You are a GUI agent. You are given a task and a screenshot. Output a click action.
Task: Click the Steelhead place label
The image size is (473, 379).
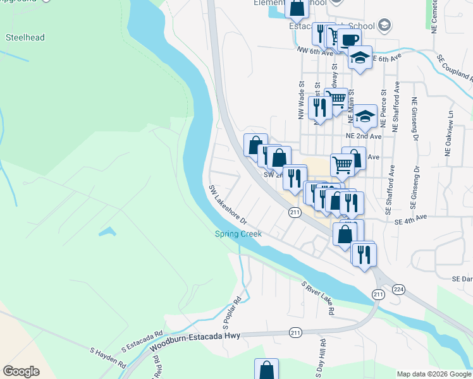tap(25, 37)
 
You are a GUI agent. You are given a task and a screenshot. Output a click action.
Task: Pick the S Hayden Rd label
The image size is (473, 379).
tap(107, 358)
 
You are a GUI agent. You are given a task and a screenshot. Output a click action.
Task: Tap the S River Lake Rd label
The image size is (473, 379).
tap(318, 298)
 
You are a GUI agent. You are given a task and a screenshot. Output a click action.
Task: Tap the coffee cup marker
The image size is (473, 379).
tap(349, 40)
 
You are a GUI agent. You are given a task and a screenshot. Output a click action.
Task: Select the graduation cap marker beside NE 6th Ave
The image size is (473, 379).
tap(360, 57)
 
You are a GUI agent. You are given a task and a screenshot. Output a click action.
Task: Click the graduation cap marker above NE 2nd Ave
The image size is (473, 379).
tap(365, 116)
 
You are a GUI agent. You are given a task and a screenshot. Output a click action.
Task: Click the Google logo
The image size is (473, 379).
tap(21, 371)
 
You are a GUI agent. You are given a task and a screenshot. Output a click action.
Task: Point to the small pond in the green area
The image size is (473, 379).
tap(107, 232)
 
